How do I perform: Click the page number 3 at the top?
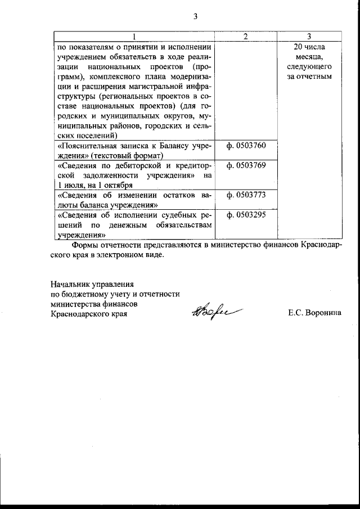click(x=195, y=16)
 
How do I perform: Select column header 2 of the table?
click(x=246, y=37)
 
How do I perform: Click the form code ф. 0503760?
click(x=246, y=146)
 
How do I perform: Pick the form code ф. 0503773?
click(x=246, y=195)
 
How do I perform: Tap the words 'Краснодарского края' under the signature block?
click(x=89, y=314)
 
